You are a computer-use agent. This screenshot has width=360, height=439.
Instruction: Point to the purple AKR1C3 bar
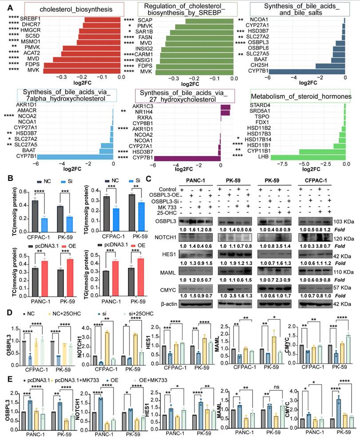coord(225,107)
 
